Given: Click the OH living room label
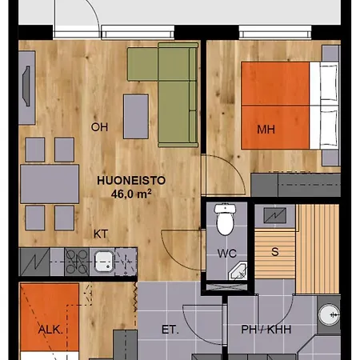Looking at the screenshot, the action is pos(99,127).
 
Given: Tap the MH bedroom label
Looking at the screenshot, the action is pos(266,130).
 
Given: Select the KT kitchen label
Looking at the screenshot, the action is pos(101,234).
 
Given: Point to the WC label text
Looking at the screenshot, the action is pos(226,253).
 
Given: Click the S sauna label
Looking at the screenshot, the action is pos(275,252).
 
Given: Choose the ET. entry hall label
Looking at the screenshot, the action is pos(170,330).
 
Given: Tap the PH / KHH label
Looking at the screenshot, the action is pos(266,330).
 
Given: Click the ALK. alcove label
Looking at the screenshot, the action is pos(50,330).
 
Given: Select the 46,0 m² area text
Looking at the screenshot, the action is pos(131,194).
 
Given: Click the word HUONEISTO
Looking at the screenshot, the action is pos(131,181).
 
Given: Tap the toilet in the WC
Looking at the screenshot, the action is pos(225,219).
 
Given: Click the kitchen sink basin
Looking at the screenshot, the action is pos(104,262).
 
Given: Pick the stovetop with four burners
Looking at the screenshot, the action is pos(77,262).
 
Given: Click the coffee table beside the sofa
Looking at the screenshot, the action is pos(136,117).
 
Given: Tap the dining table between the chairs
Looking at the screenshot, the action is pos(50,184).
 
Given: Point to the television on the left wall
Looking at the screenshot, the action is pos(26,86).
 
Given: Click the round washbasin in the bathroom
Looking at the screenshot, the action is pos(329,314).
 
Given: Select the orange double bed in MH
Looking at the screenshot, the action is pos(290,106).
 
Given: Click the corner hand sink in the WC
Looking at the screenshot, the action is pos(238,270).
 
